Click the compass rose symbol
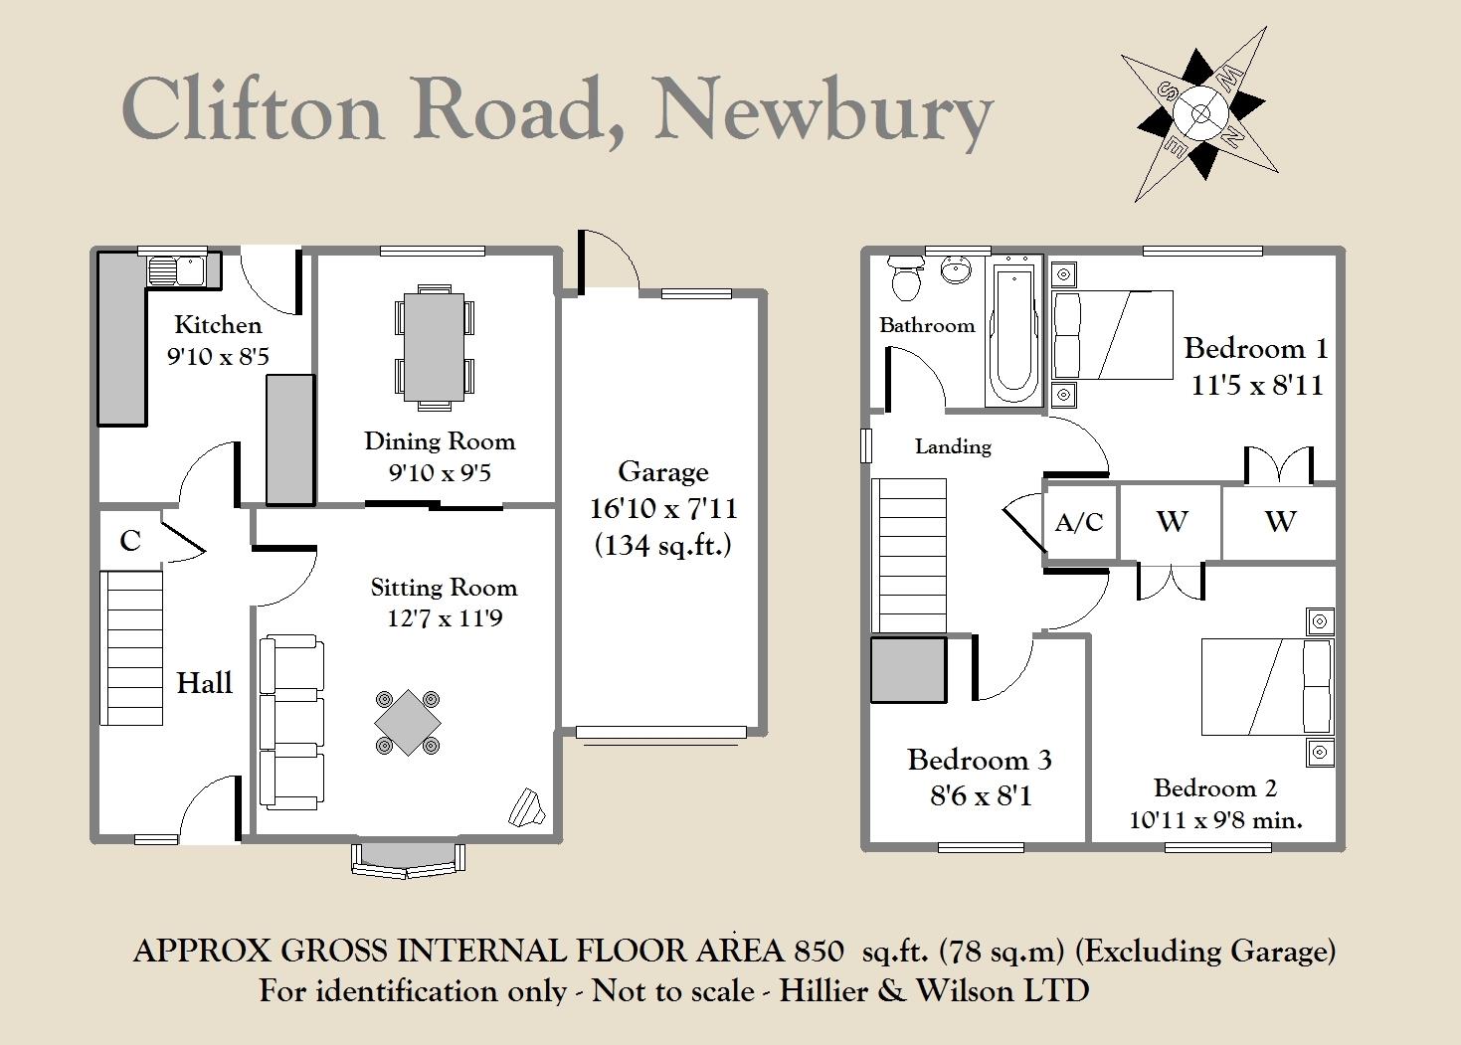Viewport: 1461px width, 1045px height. (1199, 114)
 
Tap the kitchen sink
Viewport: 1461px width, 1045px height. (177, 270)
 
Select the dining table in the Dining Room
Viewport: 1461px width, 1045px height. (435, 347)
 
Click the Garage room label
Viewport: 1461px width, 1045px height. (663, 471)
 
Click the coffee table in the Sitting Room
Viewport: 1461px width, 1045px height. (408, 722)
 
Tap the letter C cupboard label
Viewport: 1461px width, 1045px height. (130, 541)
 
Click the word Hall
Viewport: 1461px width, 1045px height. (204, 683)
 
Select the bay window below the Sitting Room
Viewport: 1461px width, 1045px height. (409, 860)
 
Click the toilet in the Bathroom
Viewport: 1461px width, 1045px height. (906, 278)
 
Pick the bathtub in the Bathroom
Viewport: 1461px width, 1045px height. (1013, 331)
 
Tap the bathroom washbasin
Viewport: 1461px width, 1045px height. (956, 269)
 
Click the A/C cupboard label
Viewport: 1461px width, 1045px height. (1079, 522)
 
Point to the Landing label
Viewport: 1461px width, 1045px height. (953, 446)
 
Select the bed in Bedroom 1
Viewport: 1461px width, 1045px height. (1112, 334)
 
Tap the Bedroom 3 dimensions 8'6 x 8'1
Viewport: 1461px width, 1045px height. (981, 796)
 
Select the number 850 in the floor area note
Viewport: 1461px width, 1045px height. (819, 952)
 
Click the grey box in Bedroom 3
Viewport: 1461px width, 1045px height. (909, 669)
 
